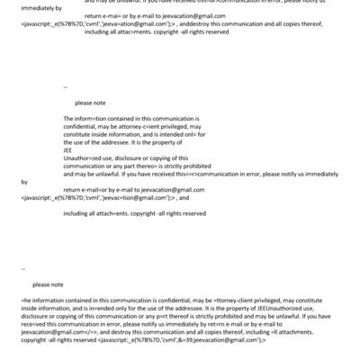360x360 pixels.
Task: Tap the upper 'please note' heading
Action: tap(90, 103)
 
